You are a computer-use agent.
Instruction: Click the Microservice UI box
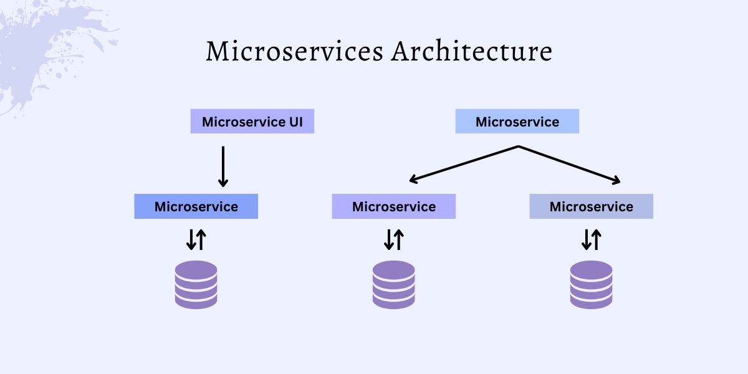point(252,122)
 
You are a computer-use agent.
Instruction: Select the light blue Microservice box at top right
point(517,122)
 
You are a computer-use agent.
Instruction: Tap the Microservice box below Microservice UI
point(196,206)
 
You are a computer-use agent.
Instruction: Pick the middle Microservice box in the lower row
point(393,206)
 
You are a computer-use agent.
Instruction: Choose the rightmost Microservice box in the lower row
point(591,206)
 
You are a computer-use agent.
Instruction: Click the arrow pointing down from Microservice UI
point(223,166)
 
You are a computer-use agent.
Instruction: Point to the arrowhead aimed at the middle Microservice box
point(412,181)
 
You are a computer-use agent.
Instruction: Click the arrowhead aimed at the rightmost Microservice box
point(617,181)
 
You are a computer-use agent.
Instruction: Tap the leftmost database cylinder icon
point(196,284)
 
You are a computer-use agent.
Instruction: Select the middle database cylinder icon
point(393,284)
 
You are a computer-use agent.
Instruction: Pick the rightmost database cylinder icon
point(591,284)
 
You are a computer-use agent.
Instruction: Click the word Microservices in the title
point(294,52)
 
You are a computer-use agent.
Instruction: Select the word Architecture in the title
point(471,52)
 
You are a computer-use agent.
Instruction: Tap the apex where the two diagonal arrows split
point(518,146)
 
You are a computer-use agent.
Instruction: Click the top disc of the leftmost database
point(196,269)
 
